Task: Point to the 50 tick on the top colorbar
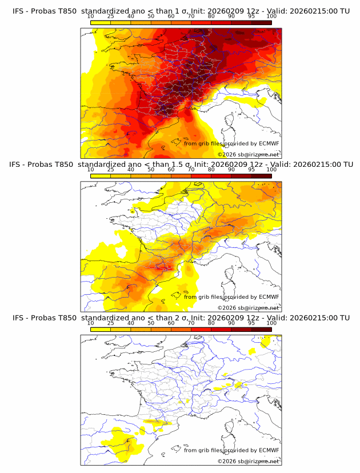tap(151, 16)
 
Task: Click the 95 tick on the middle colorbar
tap(251, 170)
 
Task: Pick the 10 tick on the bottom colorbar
tap(90, 323)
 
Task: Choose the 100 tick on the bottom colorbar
tap(271, 323)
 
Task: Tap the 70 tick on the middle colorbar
tap(191, 170)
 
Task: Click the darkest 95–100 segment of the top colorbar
tap(261, 22)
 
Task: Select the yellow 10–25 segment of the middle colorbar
tap(100, 175)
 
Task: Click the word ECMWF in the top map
tap(269, 143)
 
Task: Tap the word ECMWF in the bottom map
tap(269, 450)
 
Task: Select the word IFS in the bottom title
tap(18, 318)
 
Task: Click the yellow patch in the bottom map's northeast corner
tap(265, 341)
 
